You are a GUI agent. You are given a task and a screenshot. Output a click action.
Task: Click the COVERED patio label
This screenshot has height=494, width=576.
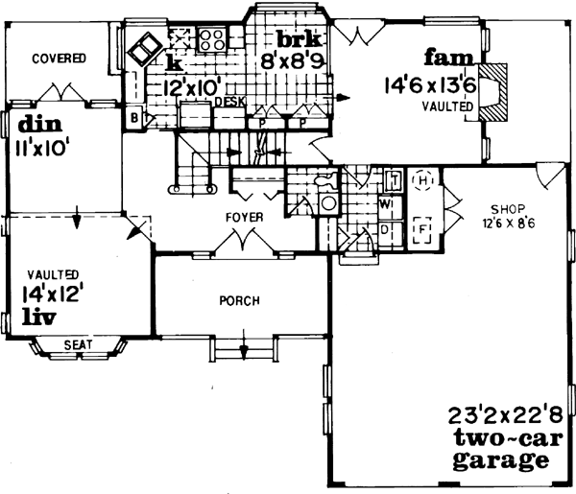click(59, 59)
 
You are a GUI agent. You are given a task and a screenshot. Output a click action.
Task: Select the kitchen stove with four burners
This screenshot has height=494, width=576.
click(211, 40)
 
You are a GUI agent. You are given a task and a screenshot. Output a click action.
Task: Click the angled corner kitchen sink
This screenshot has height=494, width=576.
click(146, 47)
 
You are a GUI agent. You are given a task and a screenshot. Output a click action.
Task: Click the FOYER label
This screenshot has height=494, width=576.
click(245, 218)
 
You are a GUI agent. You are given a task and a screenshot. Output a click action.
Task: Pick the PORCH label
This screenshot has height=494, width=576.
click(239, 301)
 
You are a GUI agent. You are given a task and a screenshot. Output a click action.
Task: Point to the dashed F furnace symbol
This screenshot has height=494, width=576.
click(421, 231)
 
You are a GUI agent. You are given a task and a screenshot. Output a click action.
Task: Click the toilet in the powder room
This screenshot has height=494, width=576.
click(327, 182)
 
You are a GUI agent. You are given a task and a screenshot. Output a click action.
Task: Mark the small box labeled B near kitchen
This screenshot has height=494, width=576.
click(134, 118)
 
